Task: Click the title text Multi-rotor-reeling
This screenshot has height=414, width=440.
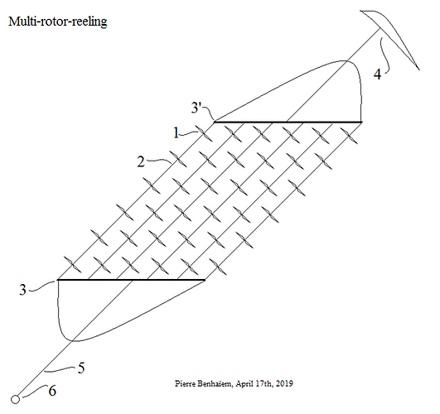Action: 58,22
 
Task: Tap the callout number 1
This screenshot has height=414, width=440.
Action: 176,132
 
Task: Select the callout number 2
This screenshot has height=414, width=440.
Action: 141,161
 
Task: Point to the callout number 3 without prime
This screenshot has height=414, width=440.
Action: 22,290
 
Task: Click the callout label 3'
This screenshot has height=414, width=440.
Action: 196,108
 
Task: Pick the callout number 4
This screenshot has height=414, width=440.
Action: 377,75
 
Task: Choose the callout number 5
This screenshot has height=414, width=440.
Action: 81,368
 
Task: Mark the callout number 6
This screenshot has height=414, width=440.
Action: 52,391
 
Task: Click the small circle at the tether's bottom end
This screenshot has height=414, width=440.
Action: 16,399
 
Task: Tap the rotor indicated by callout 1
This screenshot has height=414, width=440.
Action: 204,133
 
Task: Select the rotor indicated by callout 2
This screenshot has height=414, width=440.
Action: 177,159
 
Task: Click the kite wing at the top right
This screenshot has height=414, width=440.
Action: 389,40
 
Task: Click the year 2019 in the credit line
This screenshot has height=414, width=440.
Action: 284,383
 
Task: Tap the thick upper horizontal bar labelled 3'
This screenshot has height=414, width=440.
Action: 288,122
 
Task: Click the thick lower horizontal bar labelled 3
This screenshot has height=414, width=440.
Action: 131,280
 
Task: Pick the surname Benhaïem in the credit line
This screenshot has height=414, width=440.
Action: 215,383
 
